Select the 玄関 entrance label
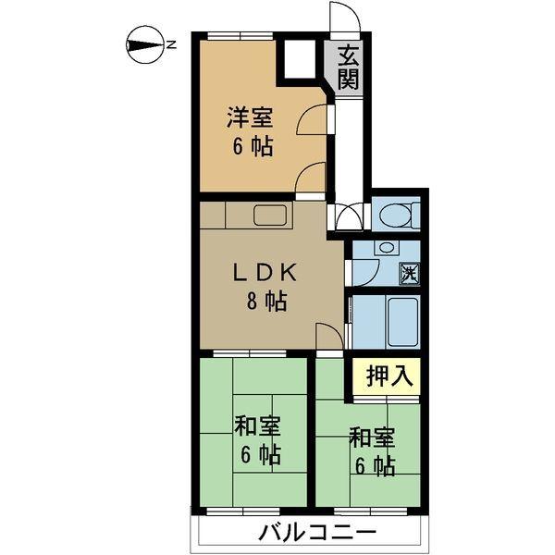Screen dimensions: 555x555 click(348, 67)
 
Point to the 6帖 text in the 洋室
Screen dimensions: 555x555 click(251, 147)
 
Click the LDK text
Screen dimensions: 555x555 click(263, 273)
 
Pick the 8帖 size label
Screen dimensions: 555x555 click(264, 301)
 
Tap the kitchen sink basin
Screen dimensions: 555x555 click(272, 216)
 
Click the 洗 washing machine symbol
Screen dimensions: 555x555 click(409, 273)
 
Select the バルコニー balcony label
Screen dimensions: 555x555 click(316, 534)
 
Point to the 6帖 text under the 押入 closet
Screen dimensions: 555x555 click(372, 463)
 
